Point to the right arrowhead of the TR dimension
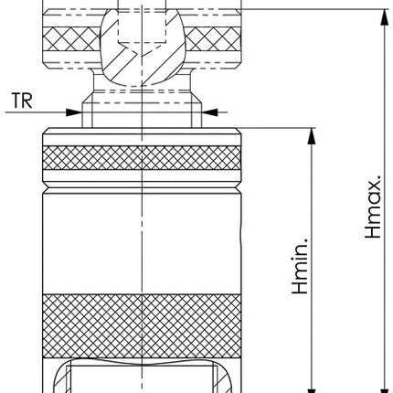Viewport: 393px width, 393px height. [207, 113]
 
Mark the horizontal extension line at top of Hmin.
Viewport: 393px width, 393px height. [274, 127]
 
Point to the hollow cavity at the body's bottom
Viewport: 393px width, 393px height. [142, 379]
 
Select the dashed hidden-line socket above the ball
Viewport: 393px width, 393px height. [142, 27]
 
